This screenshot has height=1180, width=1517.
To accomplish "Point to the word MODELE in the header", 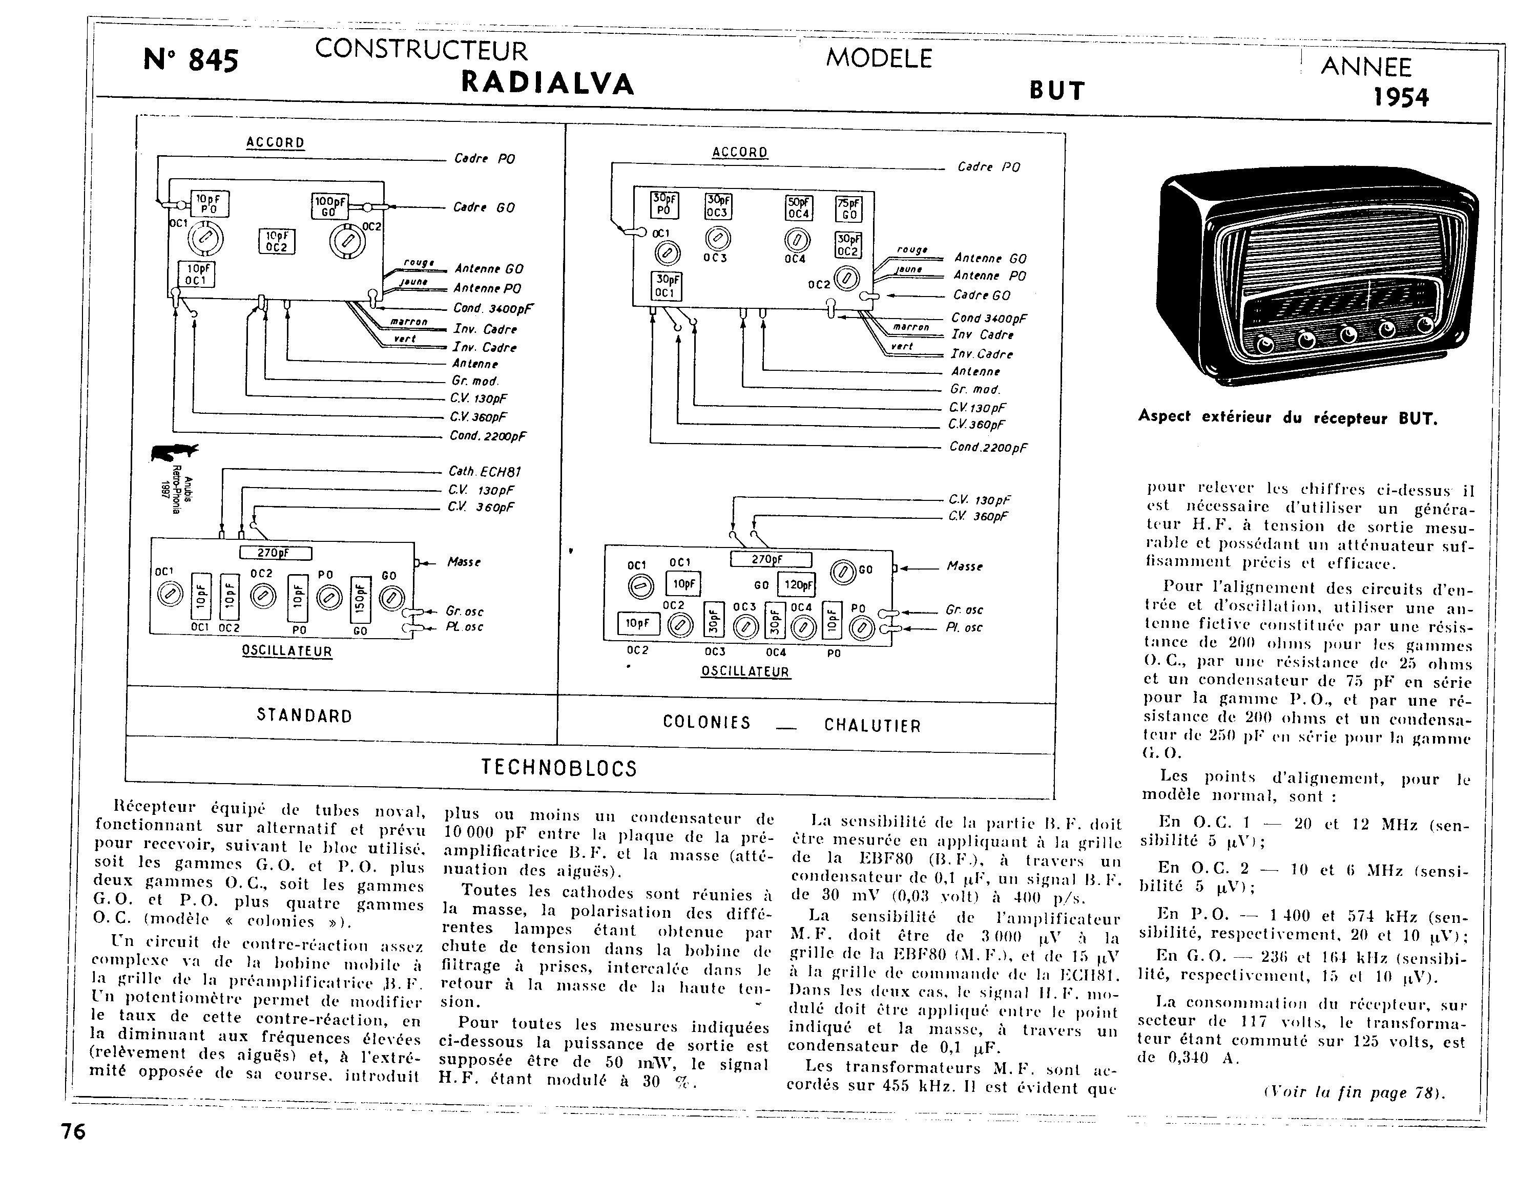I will pyautogui.click(x=879, y=58).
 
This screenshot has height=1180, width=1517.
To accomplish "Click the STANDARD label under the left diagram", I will pyautogui.click(x=304, y=716).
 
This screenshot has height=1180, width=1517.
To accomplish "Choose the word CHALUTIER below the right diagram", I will pyautogui.click(x=872, y=726).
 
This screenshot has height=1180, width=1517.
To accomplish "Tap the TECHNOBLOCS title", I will pyautogui.click(x=559, y=768).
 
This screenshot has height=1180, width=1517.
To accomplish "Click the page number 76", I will pyautogui.click(x=73, y=1132).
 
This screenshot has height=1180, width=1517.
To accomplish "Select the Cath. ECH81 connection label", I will pyautogui.click(x=484, y=472).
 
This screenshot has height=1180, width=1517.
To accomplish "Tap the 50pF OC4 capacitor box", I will pyautogui.click(x=798, y=207).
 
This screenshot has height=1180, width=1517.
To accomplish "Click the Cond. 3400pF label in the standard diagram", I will pyautogui.click(x=493, y=308).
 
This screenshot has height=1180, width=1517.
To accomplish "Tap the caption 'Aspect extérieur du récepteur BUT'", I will pyautogui.click(x=1287, y=417).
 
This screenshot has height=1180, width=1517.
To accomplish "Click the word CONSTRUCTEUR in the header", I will pyautogui.click(x=421, y=51).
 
